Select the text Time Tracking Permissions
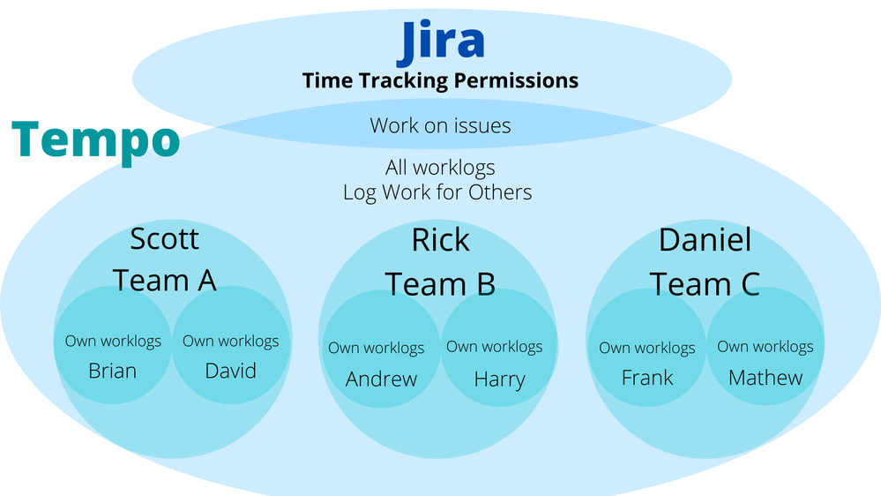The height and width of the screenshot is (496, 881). coord(441,80)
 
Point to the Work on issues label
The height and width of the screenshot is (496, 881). coord(441,125)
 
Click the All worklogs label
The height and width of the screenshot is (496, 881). coord(441,168)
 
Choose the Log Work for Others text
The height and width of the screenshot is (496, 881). coord(437,192)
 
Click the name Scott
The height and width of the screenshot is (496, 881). coord(165,239)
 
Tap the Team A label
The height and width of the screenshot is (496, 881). coord(165,280)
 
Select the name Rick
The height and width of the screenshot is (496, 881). coord(441,240)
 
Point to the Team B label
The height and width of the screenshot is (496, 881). coord(441,284)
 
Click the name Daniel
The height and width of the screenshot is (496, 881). coord(706,240)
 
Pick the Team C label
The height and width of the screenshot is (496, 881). coord(706,284)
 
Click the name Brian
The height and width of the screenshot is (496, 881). coord(112,372)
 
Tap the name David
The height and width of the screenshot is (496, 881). coord(230,372)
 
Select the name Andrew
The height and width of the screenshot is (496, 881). coord(382,379)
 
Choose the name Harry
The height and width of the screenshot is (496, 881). coord(499,380)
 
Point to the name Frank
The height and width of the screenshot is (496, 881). coord(647,378)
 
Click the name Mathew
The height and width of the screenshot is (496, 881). coord(765,378)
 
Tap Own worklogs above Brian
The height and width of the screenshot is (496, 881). coord(113,342)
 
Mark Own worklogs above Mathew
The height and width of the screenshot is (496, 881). coord(765,347)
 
